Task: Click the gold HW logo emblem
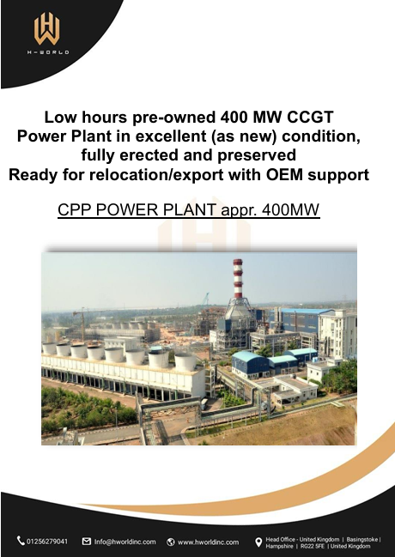46,28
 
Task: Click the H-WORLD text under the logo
48,52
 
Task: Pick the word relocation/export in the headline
156,174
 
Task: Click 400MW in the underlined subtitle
290,209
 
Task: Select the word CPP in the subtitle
75,209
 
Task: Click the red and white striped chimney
238,279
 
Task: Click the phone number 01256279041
47,542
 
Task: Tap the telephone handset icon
21,541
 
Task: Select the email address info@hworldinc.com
125,542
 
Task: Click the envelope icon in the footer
87,542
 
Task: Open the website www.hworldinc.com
208,542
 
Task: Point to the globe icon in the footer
171,542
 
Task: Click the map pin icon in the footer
258,542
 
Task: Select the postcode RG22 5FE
313,547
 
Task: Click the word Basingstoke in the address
362,539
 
